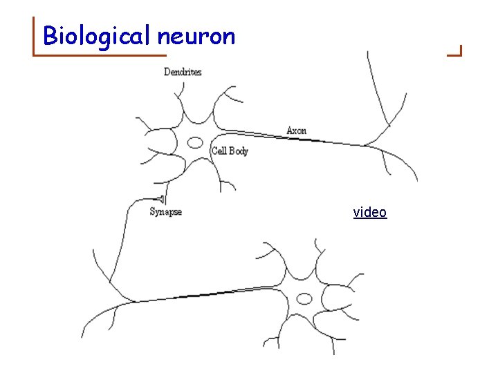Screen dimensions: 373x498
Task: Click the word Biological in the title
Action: pyautogui.click(x=98, y=35)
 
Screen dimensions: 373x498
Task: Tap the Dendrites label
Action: pyautogui.click(x=183, y=72)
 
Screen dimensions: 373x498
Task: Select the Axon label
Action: pyautogui.click(x=296, y=131)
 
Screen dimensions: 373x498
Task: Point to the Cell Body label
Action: pyautogui.click(x=230, y=151)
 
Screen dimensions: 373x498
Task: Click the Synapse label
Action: pyautogui.click(x=166, y=211)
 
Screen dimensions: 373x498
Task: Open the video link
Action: pyautogui.click(x=370, y=212)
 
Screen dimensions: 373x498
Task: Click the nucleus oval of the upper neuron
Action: pyautogui.click(x=196, y=143)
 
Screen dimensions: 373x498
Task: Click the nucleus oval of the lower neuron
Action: pyautogui.click(x=304, y=298)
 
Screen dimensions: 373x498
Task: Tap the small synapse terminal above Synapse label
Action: pyautogui.click(x=161, y=199)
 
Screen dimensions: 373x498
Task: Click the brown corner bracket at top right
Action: pyautogui.click(x=456, y=50)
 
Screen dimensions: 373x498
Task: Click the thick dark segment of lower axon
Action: pyautogui.click(x=201, y=295)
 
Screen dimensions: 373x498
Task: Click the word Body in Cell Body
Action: pyautogui.click(x=238, y=151)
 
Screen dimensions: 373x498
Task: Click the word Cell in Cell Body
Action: pyautogui.click(x=220, y=151)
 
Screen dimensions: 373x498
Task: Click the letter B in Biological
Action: pyautogui.click(x=49, y=35)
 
